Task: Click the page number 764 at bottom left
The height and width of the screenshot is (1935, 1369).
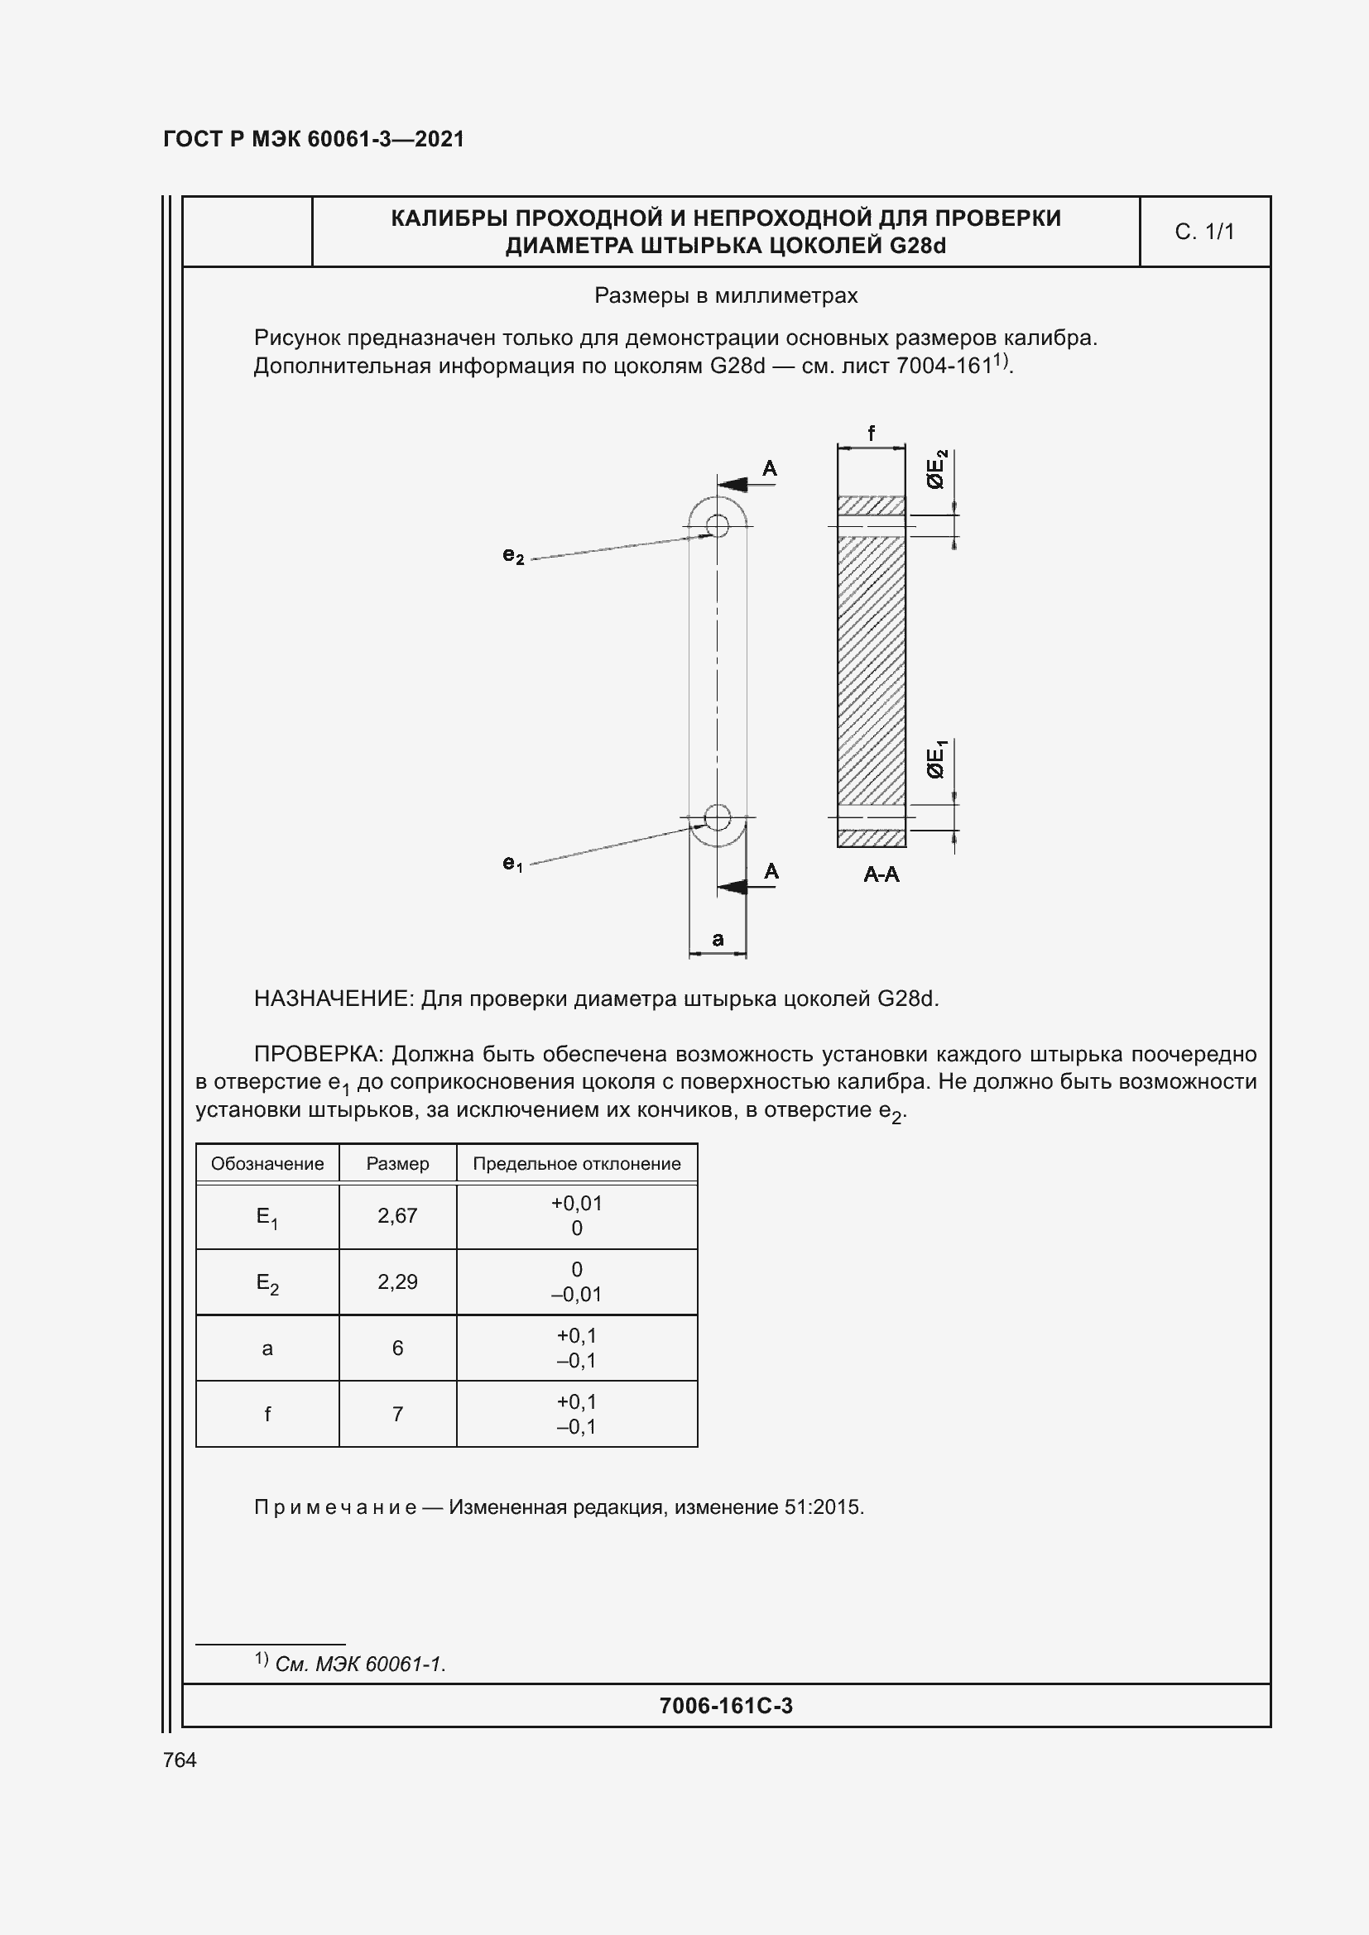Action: click(180, 1760)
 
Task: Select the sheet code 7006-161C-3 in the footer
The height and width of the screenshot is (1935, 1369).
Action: click(726, 1706)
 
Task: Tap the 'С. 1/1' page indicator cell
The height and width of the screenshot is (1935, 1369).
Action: click(1203, 232)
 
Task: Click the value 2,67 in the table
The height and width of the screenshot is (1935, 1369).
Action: click(397, 1215)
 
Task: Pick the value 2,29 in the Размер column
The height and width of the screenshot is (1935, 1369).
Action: click(397, 1281)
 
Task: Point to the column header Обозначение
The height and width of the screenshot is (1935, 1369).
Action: click(267, 1164)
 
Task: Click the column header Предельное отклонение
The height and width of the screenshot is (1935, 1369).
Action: click(577, 1164)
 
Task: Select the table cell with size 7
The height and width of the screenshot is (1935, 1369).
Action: click(397, 1414)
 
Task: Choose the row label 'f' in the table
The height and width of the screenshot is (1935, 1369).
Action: click(267, 1414)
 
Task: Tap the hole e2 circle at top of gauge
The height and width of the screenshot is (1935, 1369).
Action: click(718, 526)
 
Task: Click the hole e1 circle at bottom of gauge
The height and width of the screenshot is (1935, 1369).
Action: click(718, 817)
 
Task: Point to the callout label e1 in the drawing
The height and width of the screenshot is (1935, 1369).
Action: click(512, 863)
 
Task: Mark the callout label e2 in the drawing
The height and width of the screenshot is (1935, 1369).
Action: click(512, 555)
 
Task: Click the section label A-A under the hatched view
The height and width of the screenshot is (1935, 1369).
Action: click(881, 874)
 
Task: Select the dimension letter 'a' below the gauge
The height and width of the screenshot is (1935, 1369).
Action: click(718, 939)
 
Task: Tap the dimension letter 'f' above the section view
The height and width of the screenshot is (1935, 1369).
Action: click(871, 433)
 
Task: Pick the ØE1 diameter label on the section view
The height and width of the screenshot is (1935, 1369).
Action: click(937, 759)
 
